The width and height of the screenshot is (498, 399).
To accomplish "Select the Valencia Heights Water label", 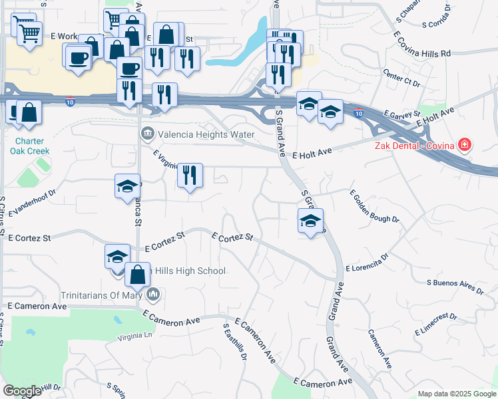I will [x=206, y=134].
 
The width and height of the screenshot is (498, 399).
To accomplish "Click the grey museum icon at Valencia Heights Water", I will [x=148, y=134].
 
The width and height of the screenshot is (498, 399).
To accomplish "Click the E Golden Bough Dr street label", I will [x=374, y=205].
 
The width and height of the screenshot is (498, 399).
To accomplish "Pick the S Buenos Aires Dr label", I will [x=455, y=287].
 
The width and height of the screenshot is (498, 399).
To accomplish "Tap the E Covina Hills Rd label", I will [x=422, y=43].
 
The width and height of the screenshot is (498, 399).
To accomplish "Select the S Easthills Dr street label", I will [x=235, y=342].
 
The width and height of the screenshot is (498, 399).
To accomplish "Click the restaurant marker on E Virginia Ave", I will [x=190, y=176].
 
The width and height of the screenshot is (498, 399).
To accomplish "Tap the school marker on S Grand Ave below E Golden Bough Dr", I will [x=310, y=221].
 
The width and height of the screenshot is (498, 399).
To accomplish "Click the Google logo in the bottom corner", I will [x=22, y=391].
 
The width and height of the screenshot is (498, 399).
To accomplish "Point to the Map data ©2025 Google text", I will [x=456, y=394].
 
